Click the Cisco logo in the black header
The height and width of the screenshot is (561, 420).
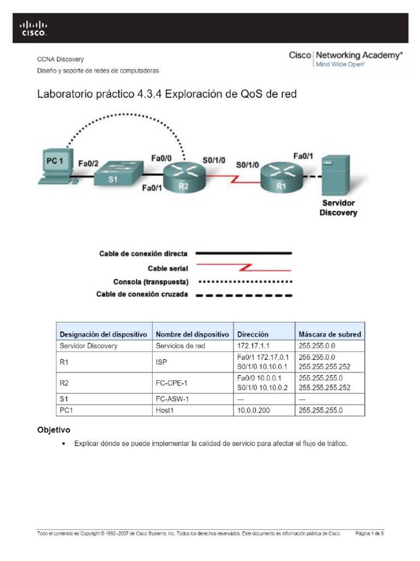click(x=33, y=28)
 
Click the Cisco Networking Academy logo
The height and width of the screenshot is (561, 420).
click(x=346, y=59)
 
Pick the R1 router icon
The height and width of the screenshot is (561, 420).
click(x=281, y=176)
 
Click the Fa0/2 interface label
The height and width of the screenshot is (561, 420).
click(x=89, y=163)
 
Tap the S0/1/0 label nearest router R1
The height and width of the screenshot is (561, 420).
click(x=247, y=164)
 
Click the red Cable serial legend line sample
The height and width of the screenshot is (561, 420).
click(x=243, y=268)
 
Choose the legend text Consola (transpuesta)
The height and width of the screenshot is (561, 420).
click(x=150, y=282)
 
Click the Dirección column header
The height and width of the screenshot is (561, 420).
click(x=253, y=334)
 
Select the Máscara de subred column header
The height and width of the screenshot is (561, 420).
click(x=329, y=334)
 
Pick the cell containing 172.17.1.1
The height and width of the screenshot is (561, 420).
click(x=250, y=346)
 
